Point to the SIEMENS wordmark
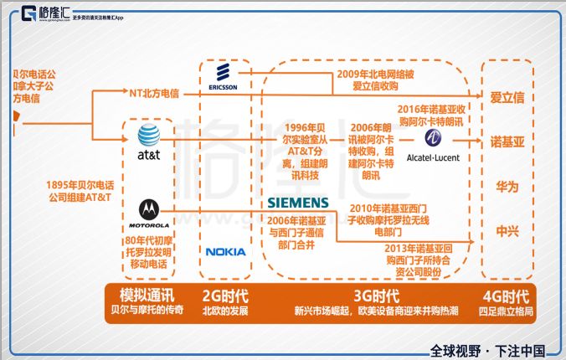pos(298,203)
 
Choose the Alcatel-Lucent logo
pos(433,142)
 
